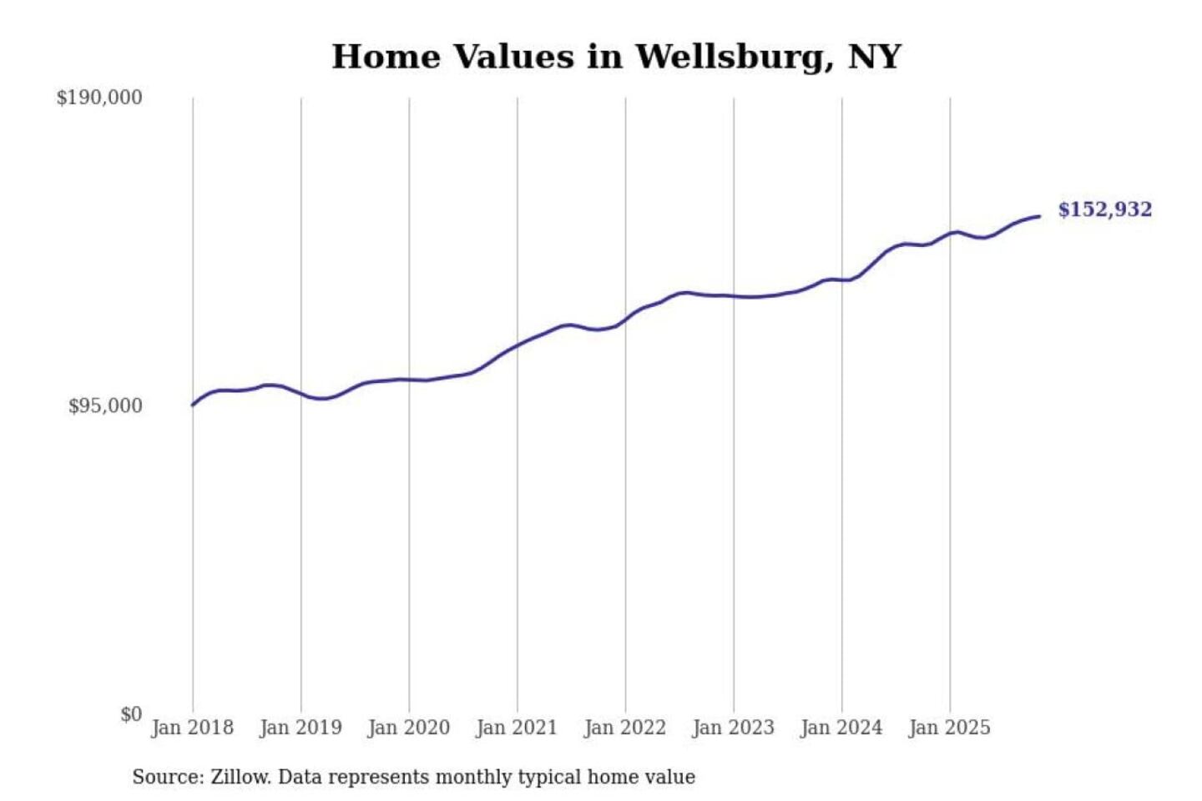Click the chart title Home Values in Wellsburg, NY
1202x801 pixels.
[x=616, y=57]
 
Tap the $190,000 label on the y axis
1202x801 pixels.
[x=99, y=98]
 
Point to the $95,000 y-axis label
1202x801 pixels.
[x=105, y=406]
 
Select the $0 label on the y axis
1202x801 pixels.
[x=131, y=714]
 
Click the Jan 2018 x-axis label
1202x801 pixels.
[x=192, y=728]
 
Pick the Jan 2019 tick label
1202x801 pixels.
[x=300, y=728]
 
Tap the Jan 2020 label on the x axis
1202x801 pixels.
[x=408, y=728]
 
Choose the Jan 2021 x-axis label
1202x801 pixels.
[x=517, y=728]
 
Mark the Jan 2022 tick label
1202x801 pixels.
[x=624, y=728]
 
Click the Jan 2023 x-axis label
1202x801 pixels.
[x=733, y=728]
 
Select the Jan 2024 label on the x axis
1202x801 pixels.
[x=841, y=728]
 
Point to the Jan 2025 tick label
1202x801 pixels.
[x=949, y=728]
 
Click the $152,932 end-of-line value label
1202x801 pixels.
[x=1104, y=209]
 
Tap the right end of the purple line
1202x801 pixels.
[x=1039, y=217]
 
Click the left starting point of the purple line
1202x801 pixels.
[x=193, y=405]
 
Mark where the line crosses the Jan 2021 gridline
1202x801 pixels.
[x=518, y=345]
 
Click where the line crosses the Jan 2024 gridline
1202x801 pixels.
[x=841, y=280]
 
